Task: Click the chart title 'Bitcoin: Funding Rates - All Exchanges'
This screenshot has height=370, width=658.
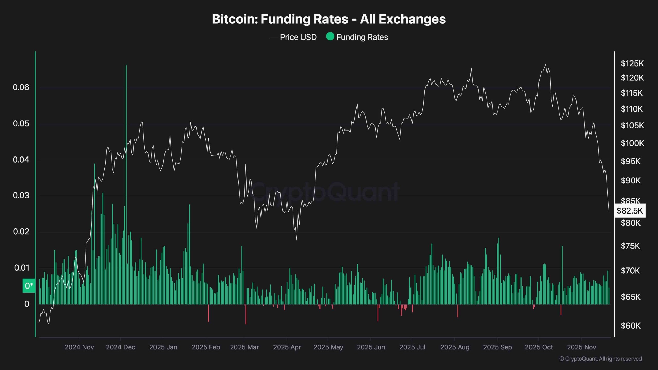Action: point(329,19)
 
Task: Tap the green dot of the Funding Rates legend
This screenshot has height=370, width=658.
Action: point(330,36)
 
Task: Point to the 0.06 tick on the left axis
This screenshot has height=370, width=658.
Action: point(21,87)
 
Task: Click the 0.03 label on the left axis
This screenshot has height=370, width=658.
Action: point(21,195)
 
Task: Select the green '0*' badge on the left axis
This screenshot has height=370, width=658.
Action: point(29,285)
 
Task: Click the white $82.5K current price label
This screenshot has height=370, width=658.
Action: point(629,211)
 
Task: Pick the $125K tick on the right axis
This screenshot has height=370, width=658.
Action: point(632,63)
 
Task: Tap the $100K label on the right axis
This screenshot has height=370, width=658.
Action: point(632,143)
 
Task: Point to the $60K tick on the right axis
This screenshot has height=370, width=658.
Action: point(630,326)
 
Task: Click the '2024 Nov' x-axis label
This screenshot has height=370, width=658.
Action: point(79,347)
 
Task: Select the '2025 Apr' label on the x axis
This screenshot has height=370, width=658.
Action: point(287,347)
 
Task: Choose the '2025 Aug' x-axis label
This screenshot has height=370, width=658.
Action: point(455,347)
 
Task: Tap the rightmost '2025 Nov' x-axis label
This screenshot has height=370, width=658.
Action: point(581,347)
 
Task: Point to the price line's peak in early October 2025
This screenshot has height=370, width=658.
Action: point(546,65)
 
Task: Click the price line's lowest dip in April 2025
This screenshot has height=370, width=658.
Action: point(297,239)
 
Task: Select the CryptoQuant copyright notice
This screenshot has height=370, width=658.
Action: point(600,359)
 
